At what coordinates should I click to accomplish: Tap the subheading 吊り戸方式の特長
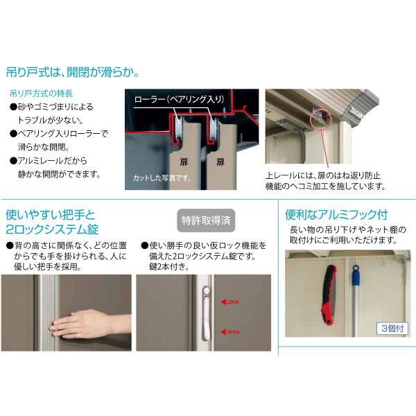pos(40,92)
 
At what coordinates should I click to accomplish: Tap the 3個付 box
pos(392,328)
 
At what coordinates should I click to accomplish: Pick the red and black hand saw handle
pos(328,291)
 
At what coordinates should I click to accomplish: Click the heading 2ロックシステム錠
pos(53,229)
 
